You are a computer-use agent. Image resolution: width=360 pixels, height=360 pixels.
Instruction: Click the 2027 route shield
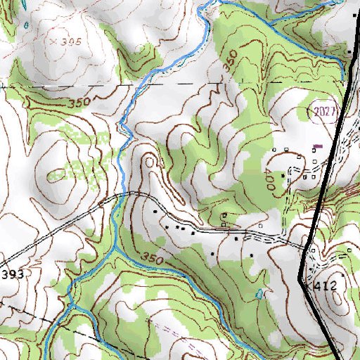[x=322, y=111]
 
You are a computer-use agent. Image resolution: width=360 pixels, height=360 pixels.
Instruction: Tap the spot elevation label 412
[x=326, y=286]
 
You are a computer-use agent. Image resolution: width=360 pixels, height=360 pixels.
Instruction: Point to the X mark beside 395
[x=54, y=42]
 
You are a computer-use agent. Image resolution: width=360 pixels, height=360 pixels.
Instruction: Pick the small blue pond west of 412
[x=260, y=293]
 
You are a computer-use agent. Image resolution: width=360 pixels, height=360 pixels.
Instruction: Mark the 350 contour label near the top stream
[x=230, y=60]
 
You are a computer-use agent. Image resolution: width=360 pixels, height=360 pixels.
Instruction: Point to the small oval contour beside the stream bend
[x=150, y=162]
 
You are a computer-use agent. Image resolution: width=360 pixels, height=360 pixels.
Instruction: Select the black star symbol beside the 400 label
[x=283, y=174]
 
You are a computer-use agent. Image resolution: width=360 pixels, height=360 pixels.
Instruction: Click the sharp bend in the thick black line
[x=301, y=279]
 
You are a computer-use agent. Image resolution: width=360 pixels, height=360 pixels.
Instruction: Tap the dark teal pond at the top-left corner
[x=25, y=26]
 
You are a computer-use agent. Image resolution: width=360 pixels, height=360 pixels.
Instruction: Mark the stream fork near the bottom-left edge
[x=69, y=304]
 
